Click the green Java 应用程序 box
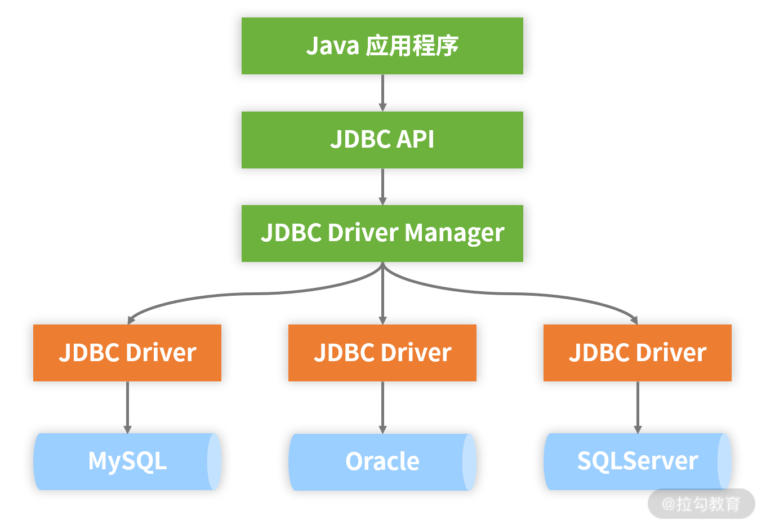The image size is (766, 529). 382,46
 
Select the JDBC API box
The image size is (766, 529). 382,140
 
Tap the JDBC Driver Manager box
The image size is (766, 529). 382,233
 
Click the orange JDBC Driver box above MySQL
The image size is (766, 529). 127,353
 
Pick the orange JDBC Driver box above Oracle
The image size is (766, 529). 382,353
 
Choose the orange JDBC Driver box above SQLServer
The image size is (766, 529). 637,353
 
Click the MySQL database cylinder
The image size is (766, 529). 127,461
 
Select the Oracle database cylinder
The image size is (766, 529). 382,462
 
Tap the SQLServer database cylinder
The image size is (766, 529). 637,461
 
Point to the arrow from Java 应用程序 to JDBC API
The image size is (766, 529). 382,92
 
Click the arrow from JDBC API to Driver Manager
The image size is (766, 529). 382,186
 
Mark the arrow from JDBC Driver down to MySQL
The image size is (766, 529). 127,407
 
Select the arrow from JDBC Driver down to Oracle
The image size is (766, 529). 382,407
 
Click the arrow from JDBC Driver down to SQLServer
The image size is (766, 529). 638,407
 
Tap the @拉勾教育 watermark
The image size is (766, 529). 701,504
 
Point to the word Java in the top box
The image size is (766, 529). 332,46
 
